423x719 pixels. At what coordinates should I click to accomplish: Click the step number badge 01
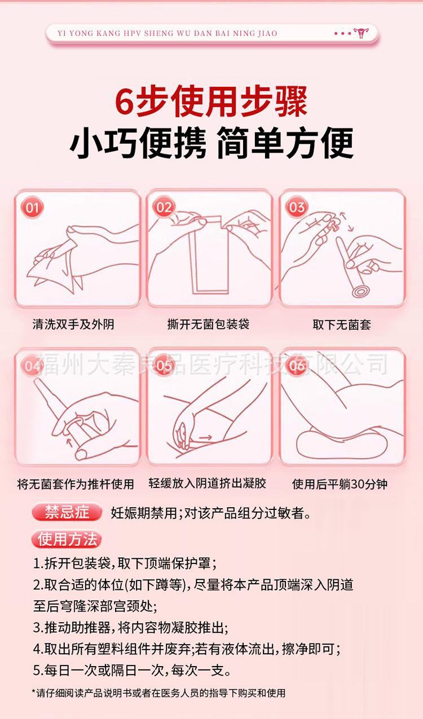[32, 207]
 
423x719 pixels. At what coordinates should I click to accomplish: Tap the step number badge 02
[164, 207]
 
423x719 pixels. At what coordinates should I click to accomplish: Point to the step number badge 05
[164, 365]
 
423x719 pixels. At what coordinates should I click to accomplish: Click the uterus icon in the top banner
[361, 33]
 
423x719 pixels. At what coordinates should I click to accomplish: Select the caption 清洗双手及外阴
[73, 324]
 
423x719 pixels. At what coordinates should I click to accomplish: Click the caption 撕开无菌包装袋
[208, 324]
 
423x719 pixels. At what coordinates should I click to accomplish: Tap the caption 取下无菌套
[342, 325]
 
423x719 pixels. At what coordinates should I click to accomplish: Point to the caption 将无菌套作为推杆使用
[76, 484]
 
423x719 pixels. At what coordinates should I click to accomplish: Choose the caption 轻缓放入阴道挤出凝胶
[207, 483]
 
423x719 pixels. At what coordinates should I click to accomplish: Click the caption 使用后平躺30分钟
[340, 484]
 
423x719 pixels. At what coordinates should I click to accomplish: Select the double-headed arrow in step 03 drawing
[347, 221]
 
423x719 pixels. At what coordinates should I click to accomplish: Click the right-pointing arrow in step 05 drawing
[206, 437]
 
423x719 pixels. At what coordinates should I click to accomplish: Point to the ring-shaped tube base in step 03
[363, 292]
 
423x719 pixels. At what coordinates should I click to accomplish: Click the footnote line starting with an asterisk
[158, 693]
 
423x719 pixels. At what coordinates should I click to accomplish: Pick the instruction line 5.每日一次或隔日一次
[131, 670]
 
